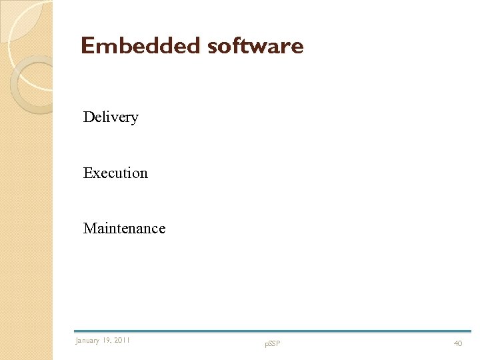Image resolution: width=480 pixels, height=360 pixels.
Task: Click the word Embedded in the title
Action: click(x=140, y=46)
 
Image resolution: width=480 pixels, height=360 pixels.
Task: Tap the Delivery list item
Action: click(x=111, y=117)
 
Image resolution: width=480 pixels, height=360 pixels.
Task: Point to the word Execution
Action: click(x=115, y=173)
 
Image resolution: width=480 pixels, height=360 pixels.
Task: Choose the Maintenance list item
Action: click(x=124, y=229)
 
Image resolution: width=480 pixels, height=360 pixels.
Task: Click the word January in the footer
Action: click(x=87, y=341)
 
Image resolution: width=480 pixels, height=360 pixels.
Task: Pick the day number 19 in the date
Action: click(x=107, y=341)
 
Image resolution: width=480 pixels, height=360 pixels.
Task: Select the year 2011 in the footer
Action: click(x=122, y=341)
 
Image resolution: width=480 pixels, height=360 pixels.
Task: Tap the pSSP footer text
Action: click(x=273, y=344)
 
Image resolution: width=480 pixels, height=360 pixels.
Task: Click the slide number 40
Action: click(x=458, y=343)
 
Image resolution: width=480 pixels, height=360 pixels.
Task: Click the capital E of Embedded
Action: click(x=87, y=46)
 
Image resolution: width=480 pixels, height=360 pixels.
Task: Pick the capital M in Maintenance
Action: click(x=90, y=229)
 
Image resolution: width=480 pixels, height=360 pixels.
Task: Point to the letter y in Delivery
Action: click(x=135, y=119)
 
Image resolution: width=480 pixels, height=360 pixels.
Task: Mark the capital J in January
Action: click(x=77, y=341)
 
